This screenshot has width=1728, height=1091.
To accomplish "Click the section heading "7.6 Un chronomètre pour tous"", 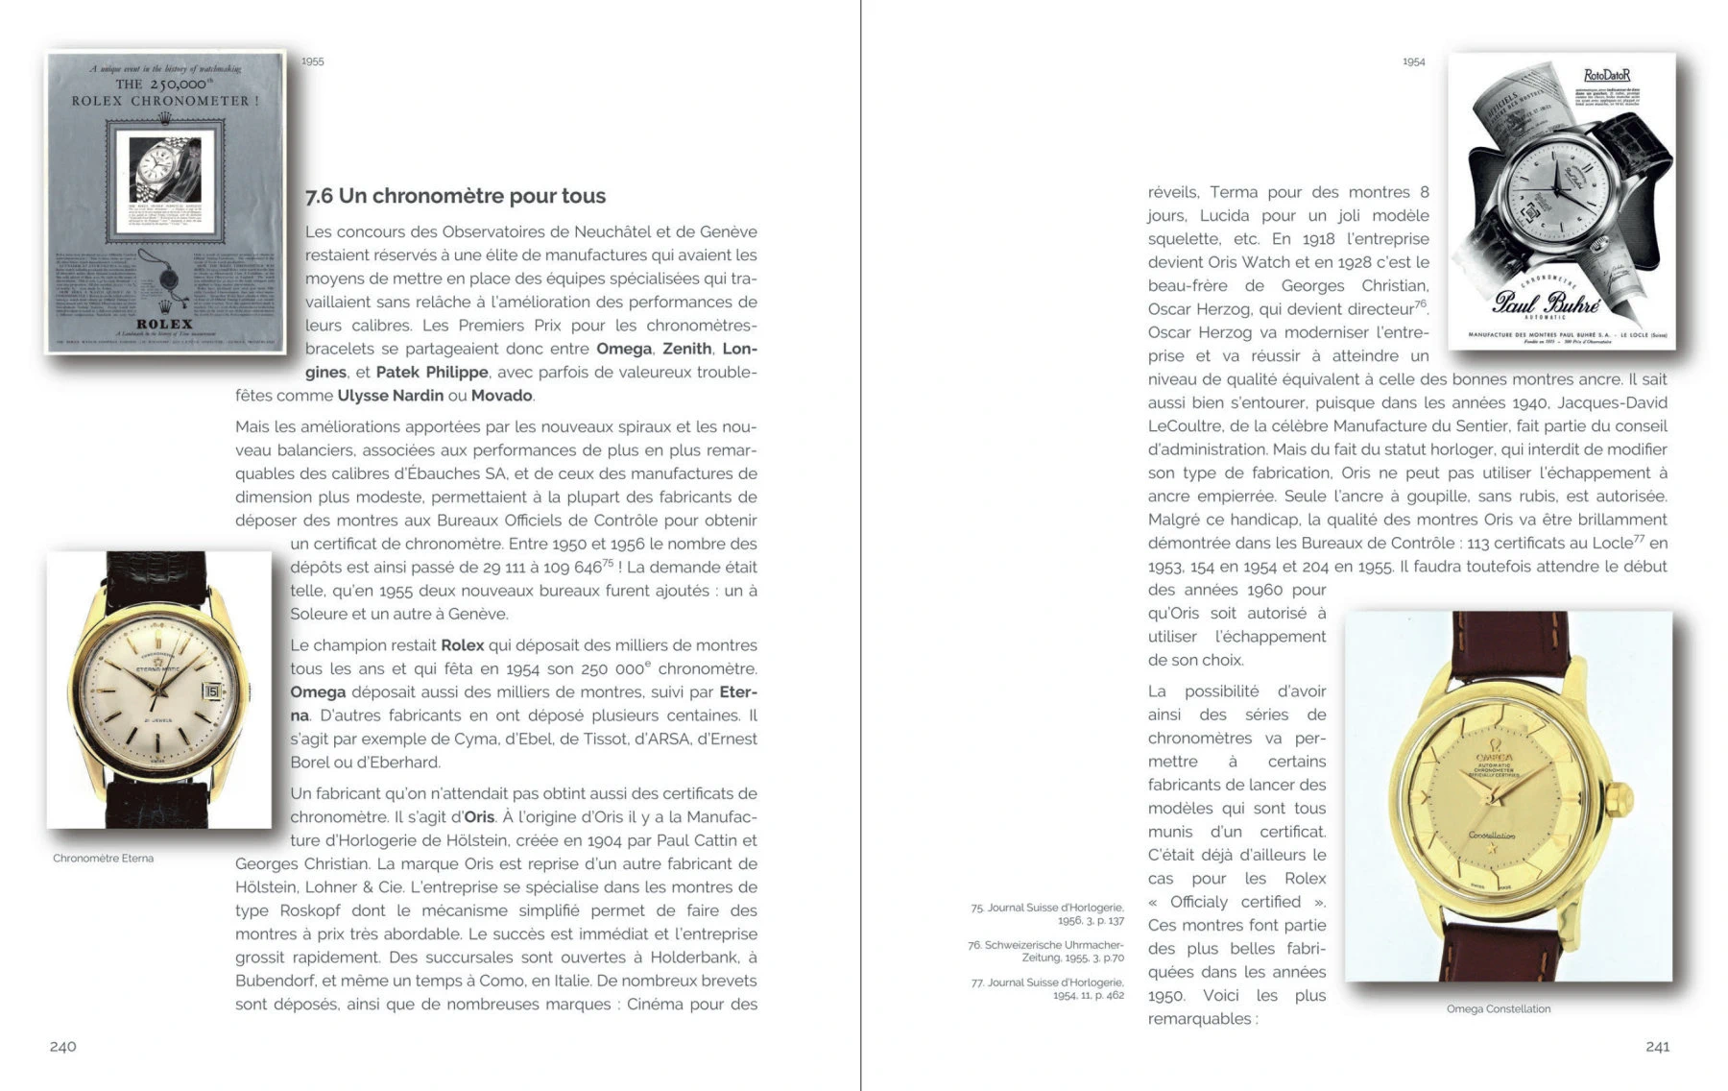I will click(455, 196).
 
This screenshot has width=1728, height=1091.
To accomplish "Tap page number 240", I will click(63, 1046).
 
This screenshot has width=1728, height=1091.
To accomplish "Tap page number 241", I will click(1657, 1046).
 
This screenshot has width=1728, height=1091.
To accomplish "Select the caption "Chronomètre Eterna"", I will click(103, 858).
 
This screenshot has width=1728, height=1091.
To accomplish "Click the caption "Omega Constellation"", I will click(1498, 1008).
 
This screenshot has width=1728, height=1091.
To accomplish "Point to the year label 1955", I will click(312, 61).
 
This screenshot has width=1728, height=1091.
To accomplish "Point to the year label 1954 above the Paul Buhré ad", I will click(1413, 61).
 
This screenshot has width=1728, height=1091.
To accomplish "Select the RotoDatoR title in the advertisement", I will click(1606, 75).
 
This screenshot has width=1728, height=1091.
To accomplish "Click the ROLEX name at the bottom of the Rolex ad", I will click(165, 324).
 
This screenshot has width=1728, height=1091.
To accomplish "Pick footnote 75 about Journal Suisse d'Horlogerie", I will click(1047, 913).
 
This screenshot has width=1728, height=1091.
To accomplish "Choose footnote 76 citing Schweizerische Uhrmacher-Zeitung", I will click(1046, 951).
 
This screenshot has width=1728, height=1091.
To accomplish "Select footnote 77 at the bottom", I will click(1047, 988).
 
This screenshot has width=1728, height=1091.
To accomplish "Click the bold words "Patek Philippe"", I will click(432, 372).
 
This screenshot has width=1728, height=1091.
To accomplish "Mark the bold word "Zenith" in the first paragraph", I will click(686, 349).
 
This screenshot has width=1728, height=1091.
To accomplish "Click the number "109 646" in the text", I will click(572, 568).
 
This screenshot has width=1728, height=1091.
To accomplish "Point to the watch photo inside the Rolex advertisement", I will click(165, 167).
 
